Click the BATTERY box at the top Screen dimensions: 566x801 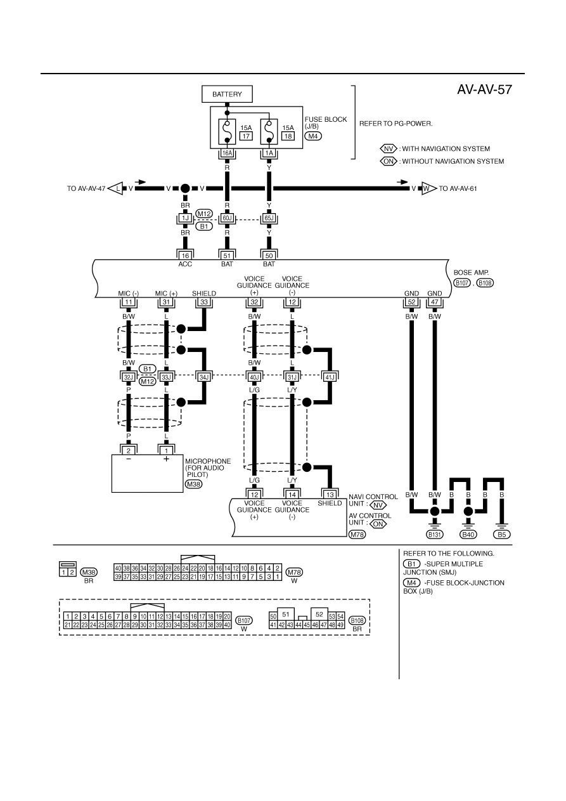click(227, 94)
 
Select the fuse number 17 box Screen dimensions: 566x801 click(246, 136)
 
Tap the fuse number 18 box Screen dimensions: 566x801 click(288, 136)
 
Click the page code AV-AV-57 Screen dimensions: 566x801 click(484, 89)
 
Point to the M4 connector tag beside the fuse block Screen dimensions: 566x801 click(313, 136)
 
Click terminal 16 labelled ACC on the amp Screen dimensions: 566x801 click(185, 256)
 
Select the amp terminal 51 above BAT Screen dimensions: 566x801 click(227, 256)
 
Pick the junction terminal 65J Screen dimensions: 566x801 click(269, 218)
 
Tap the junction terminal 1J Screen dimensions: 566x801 click(185, 218)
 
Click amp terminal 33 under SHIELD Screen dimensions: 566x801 click(204, 302)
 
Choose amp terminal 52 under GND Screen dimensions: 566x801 click(411, 302)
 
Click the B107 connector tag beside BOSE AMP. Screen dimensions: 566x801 click(462, 283)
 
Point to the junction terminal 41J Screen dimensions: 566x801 click(330, 376)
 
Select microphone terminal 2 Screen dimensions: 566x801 click(129, 450)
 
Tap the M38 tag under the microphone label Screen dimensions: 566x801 click(194, 484)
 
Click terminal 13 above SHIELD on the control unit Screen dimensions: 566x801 click(330, 495)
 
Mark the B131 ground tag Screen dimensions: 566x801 click(435, 535)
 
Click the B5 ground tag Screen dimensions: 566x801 click(502, 535)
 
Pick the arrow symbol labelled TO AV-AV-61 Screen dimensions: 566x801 click(429, 188)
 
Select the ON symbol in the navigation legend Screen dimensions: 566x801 click(389, 161)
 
